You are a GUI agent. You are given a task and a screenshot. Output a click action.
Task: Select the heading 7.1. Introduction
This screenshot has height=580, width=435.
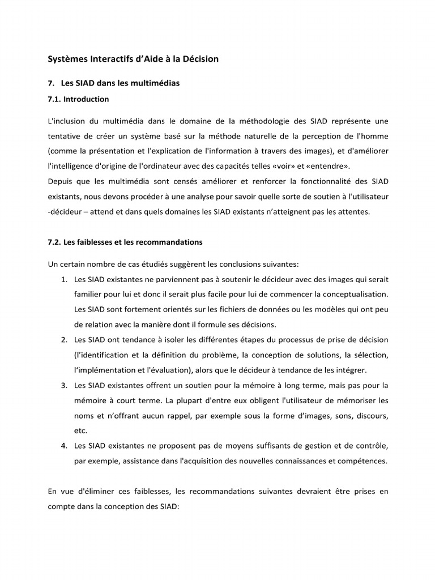point(78,99)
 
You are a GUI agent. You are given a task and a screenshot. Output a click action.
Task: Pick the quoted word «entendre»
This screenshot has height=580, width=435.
point(327,166)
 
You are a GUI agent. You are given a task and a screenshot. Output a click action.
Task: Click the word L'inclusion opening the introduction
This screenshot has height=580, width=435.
point(66,122)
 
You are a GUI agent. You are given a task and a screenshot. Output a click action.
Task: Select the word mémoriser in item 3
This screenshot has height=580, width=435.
point(353,400)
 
